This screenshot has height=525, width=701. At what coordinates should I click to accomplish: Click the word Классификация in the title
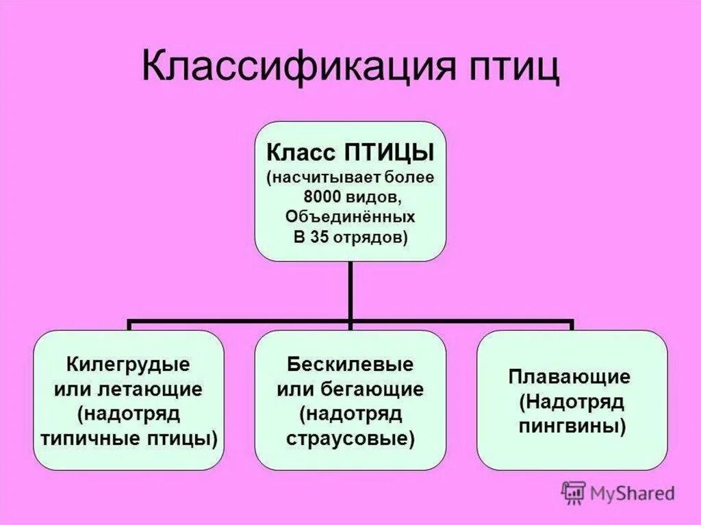(x=288, y=67)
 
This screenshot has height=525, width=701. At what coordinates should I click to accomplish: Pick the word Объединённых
(x=350, y=217)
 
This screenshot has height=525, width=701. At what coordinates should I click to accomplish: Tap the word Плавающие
(x=570, y=376)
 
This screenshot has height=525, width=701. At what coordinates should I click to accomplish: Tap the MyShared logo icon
(x=574, y=491)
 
